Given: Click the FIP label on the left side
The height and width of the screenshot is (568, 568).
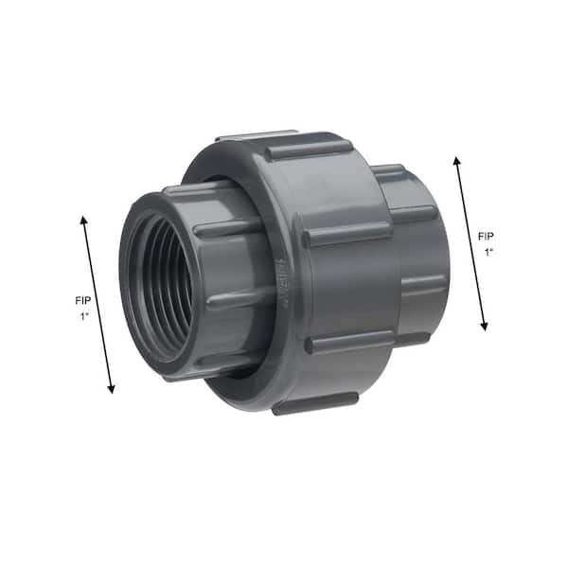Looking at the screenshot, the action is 83,300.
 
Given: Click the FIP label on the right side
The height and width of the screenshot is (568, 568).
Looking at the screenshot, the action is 486,237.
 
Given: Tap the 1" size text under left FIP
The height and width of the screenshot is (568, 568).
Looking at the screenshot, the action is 84,316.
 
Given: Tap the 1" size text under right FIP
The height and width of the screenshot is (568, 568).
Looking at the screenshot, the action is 489,253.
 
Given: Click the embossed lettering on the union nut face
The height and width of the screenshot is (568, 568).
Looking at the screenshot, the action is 284,282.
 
